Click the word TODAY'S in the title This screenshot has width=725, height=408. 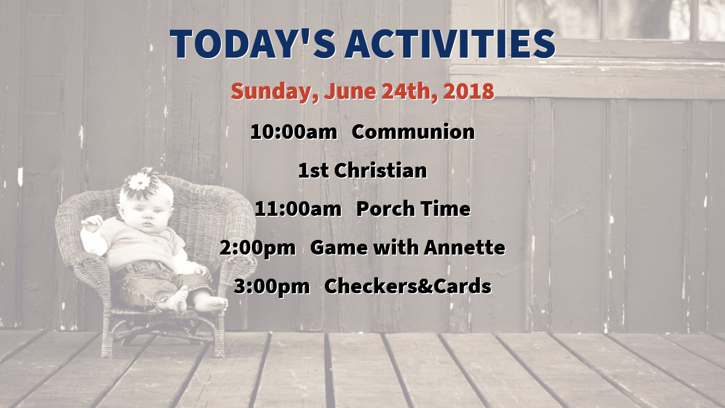pos(253,44)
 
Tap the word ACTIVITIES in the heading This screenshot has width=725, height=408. pos(450,44)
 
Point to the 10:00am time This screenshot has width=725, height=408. pos(294,132)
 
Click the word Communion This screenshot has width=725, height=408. pos(413,132)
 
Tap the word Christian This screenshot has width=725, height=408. pos(380,170)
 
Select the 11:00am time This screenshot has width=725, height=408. pos(298,209)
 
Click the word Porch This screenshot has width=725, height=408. pos(386,209)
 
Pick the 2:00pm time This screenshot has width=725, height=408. pos(258,248)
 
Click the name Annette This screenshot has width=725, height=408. pos(464,247)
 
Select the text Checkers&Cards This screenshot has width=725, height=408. pos(408,286)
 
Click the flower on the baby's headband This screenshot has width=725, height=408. pos(139,182)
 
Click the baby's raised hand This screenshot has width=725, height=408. pos(92,223)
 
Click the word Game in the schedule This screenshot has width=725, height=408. pos(338,248)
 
